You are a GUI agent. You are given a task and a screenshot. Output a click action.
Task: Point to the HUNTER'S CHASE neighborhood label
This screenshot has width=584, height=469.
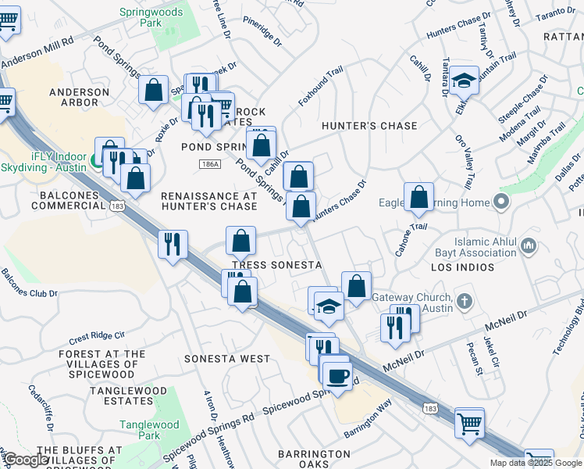tap(369, 126)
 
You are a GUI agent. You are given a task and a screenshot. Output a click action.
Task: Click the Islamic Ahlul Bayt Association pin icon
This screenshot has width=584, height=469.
tap(529, 247)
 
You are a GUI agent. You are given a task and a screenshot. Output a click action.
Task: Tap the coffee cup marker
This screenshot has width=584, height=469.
tap(337, 376)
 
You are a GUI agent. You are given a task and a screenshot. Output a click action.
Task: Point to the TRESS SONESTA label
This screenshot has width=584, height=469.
tap(277, 265)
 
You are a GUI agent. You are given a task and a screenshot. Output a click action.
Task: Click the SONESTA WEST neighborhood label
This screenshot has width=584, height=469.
tap(226, 359)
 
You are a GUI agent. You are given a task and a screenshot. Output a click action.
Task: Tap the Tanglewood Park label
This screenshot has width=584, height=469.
tap(138, 431)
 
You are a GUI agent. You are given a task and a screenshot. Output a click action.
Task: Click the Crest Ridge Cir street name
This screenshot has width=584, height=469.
tap(97, 338)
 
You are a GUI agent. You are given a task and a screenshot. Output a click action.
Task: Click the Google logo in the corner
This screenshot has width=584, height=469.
tap(26, 460)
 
